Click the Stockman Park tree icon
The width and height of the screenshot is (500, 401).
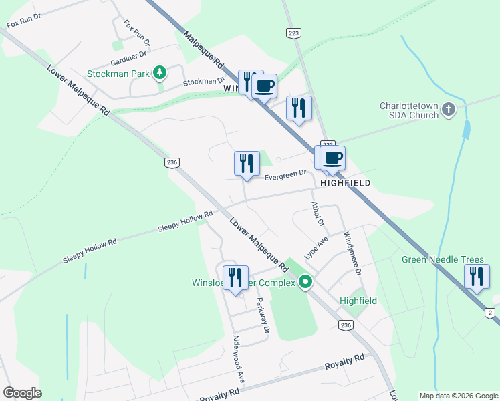(159, 72)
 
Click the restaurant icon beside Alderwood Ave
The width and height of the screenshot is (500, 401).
(235, 277)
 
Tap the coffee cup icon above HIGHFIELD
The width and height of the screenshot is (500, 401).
(332, 158)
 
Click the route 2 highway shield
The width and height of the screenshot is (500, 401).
(489, 313)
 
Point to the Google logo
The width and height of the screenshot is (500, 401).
(22, 393)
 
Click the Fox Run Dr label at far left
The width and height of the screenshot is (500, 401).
(24, 24)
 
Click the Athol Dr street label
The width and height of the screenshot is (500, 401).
(318, 213)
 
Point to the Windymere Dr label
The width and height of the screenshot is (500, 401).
(352, 254)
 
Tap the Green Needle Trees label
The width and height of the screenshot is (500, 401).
(443, 260)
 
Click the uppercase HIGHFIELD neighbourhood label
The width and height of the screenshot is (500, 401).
(345, 182)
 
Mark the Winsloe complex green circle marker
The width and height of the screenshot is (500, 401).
(306, 283)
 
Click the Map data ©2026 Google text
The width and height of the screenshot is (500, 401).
(458, 396)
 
